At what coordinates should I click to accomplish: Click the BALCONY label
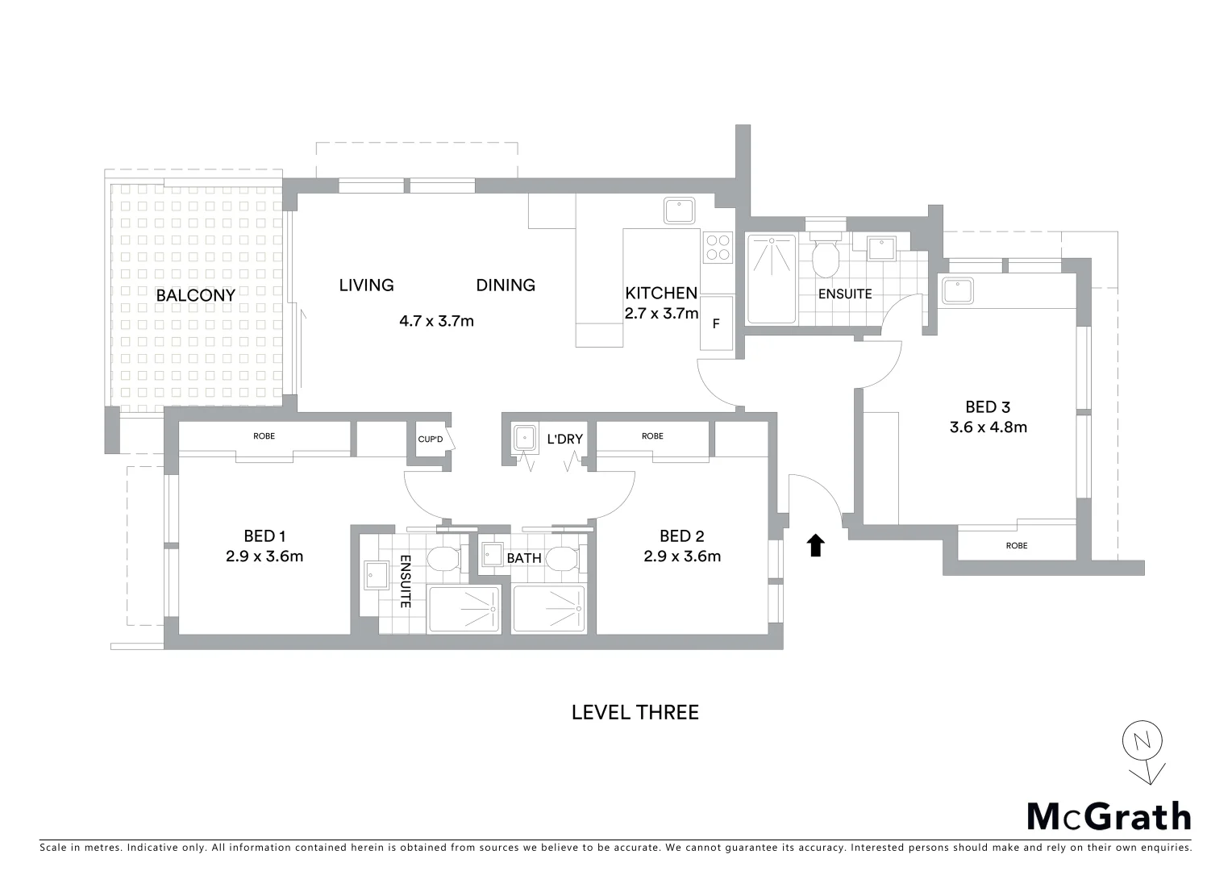tap(195, 295)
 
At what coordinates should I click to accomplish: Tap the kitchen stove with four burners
tap(717, 247)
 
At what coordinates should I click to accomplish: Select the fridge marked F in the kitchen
tap(716, 324)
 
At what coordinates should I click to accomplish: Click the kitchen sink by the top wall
tap(682, 210)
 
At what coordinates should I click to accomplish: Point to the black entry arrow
tap(816, 545)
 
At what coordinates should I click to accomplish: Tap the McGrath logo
tap(1109, 816)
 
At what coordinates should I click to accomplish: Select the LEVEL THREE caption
tap(635, 712)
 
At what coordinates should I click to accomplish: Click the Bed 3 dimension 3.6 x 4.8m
tap(988, 427)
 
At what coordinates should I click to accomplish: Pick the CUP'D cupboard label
tap(430, 440)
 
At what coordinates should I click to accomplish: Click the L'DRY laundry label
tap(564, 440)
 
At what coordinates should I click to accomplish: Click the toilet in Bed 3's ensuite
tap(826, 256)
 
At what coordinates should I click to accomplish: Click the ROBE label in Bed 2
tap(652, 436)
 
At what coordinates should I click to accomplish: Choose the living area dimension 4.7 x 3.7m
tap(436, 321)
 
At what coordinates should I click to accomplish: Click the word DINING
tap(506, 285)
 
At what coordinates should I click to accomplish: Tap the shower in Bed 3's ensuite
tap(772, 277)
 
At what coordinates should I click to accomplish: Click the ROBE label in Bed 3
tap(1017, 546)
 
